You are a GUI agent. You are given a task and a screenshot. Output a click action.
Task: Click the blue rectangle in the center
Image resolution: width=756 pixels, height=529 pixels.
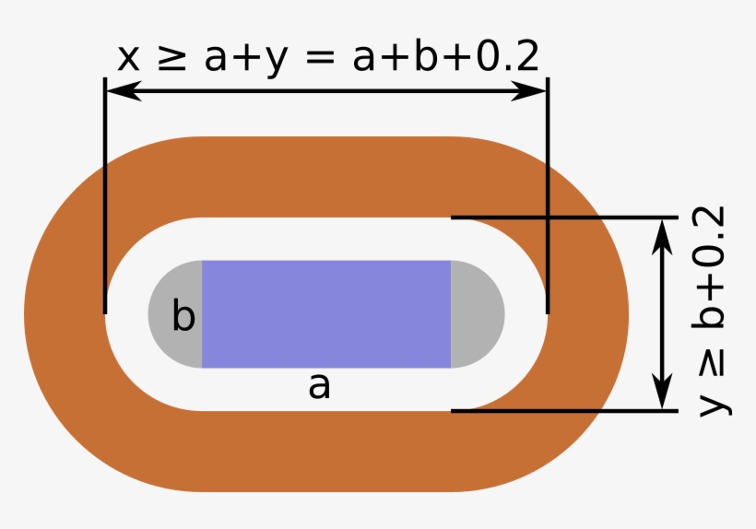point(326,314)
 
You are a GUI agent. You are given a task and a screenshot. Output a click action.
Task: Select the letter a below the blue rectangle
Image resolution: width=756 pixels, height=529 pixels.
point(319,386)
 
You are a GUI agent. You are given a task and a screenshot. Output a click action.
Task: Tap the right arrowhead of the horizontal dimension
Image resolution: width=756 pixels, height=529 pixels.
point(529,90)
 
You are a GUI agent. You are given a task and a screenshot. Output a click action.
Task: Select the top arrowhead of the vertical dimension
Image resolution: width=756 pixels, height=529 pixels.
point(664,237)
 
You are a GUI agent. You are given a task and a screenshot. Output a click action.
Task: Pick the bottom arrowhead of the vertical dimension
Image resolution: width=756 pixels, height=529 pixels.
point(664,392)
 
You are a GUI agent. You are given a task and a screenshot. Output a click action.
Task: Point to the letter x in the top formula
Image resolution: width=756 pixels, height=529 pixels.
point(129,60)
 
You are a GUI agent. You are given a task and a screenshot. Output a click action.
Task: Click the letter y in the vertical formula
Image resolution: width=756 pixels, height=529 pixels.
point(714,404)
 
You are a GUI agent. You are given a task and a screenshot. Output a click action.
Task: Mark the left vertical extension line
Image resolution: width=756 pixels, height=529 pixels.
point(105,195)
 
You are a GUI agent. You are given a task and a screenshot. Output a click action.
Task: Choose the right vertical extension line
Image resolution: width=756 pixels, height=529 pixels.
point(548,195)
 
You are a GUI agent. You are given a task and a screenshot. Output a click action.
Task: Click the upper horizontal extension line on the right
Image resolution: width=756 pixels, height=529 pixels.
point(564,217)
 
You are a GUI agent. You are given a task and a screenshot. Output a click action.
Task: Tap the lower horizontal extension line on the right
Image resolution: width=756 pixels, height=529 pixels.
point(564,411)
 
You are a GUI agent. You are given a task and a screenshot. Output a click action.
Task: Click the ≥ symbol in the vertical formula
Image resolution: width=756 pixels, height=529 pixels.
point(712,365)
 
